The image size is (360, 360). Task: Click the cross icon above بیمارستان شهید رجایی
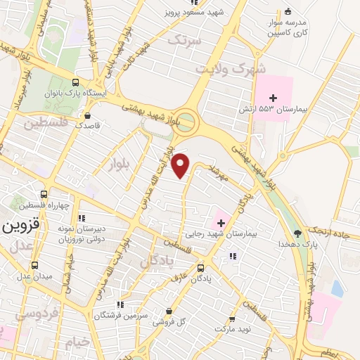(x=221, y=223)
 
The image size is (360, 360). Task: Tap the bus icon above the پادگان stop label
(x=200, y=268)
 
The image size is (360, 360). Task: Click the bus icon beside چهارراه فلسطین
(x=44, y=194)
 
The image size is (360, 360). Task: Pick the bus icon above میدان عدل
(x=34, y=265)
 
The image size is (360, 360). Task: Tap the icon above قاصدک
(x=87, y=116)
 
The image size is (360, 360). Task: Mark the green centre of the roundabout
(x=187, y=122)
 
